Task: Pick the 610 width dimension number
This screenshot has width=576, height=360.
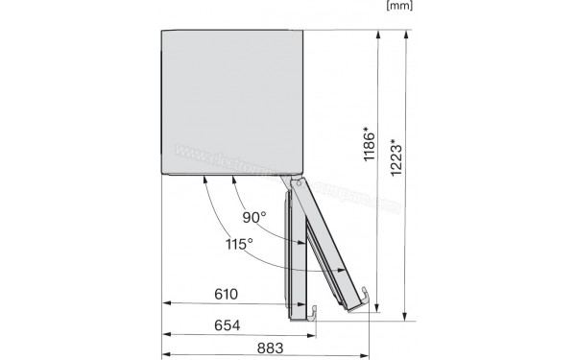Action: pyautogui.click(x=225, y=295)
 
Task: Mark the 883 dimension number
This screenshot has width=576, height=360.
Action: pyautogui.click(x=272, y=347)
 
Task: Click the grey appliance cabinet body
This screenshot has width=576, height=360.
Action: pyautogui.click(x=231, y=101)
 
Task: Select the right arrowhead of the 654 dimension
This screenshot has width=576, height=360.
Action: pyautogui.click(x=313, y=335)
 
